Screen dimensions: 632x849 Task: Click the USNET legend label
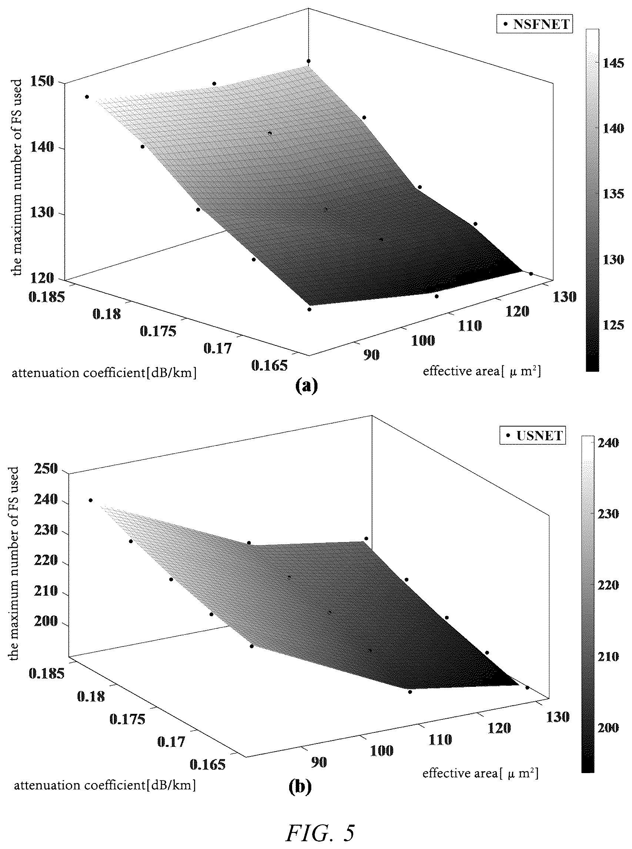click(539, 436)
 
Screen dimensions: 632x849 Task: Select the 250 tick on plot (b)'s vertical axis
click(46, 468)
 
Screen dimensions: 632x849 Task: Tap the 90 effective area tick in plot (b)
click(319, 762)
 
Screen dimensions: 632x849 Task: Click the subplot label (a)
click(307, 387)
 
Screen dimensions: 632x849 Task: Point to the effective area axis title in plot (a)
click(482, 371)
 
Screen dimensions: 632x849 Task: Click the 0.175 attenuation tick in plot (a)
click(158, 331)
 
